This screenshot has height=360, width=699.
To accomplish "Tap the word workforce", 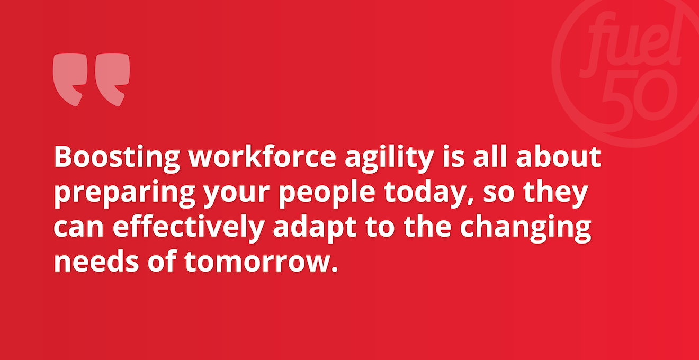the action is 262,156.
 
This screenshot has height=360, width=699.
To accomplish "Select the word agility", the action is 389,158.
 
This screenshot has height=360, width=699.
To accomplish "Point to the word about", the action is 558,156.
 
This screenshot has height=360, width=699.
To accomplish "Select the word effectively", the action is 189,228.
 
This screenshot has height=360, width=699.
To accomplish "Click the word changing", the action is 525,228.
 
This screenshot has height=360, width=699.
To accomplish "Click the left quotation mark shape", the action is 70,79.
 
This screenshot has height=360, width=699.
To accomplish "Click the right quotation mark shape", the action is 112,79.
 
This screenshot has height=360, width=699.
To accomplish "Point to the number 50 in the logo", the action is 639,98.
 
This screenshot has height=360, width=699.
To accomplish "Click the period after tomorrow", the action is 335,269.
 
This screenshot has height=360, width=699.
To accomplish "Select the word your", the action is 237,196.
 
